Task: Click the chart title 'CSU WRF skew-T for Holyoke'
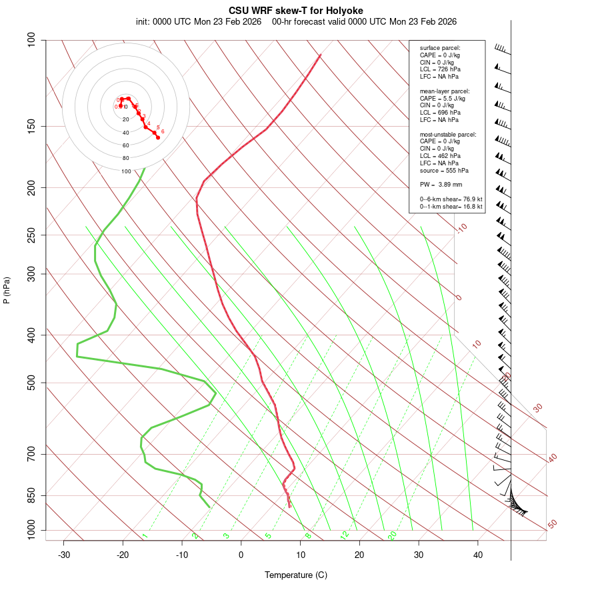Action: pyautogui.click(x=295, y=11)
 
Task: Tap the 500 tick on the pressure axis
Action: pyautogui.click(x=32, y=383)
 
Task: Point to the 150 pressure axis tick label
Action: pyautogui.click(x=32, y=126)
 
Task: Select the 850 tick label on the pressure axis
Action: pyautogui.click(x=32, y=495)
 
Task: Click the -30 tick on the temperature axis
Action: pyautogui.click(x=64, y=555)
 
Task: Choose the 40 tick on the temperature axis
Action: pyautogui.click(x=478, y=555)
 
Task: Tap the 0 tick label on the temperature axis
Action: pyautogui.click(x=241, y=555)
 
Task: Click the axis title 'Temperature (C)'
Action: pyautogui.click(x=295, y=575)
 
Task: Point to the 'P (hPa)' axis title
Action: pyautogui.click(x=7, y=290)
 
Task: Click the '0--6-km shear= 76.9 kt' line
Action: pyautogui.click(x=451, y=199)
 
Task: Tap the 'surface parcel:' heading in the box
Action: pyautogui.click(x=440, y=48)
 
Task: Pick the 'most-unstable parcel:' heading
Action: pyautogui.click(x=448, y=134)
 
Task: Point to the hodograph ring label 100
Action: pyautogui.click(x=126, y=171)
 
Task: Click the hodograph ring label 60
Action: pyautogui.click(x=126, y=145)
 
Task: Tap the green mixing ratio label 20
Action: pyautogui.click(x=392, y=535)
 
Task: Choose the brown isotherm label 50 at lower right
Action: pyautogui.click(x=552, y=525)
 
